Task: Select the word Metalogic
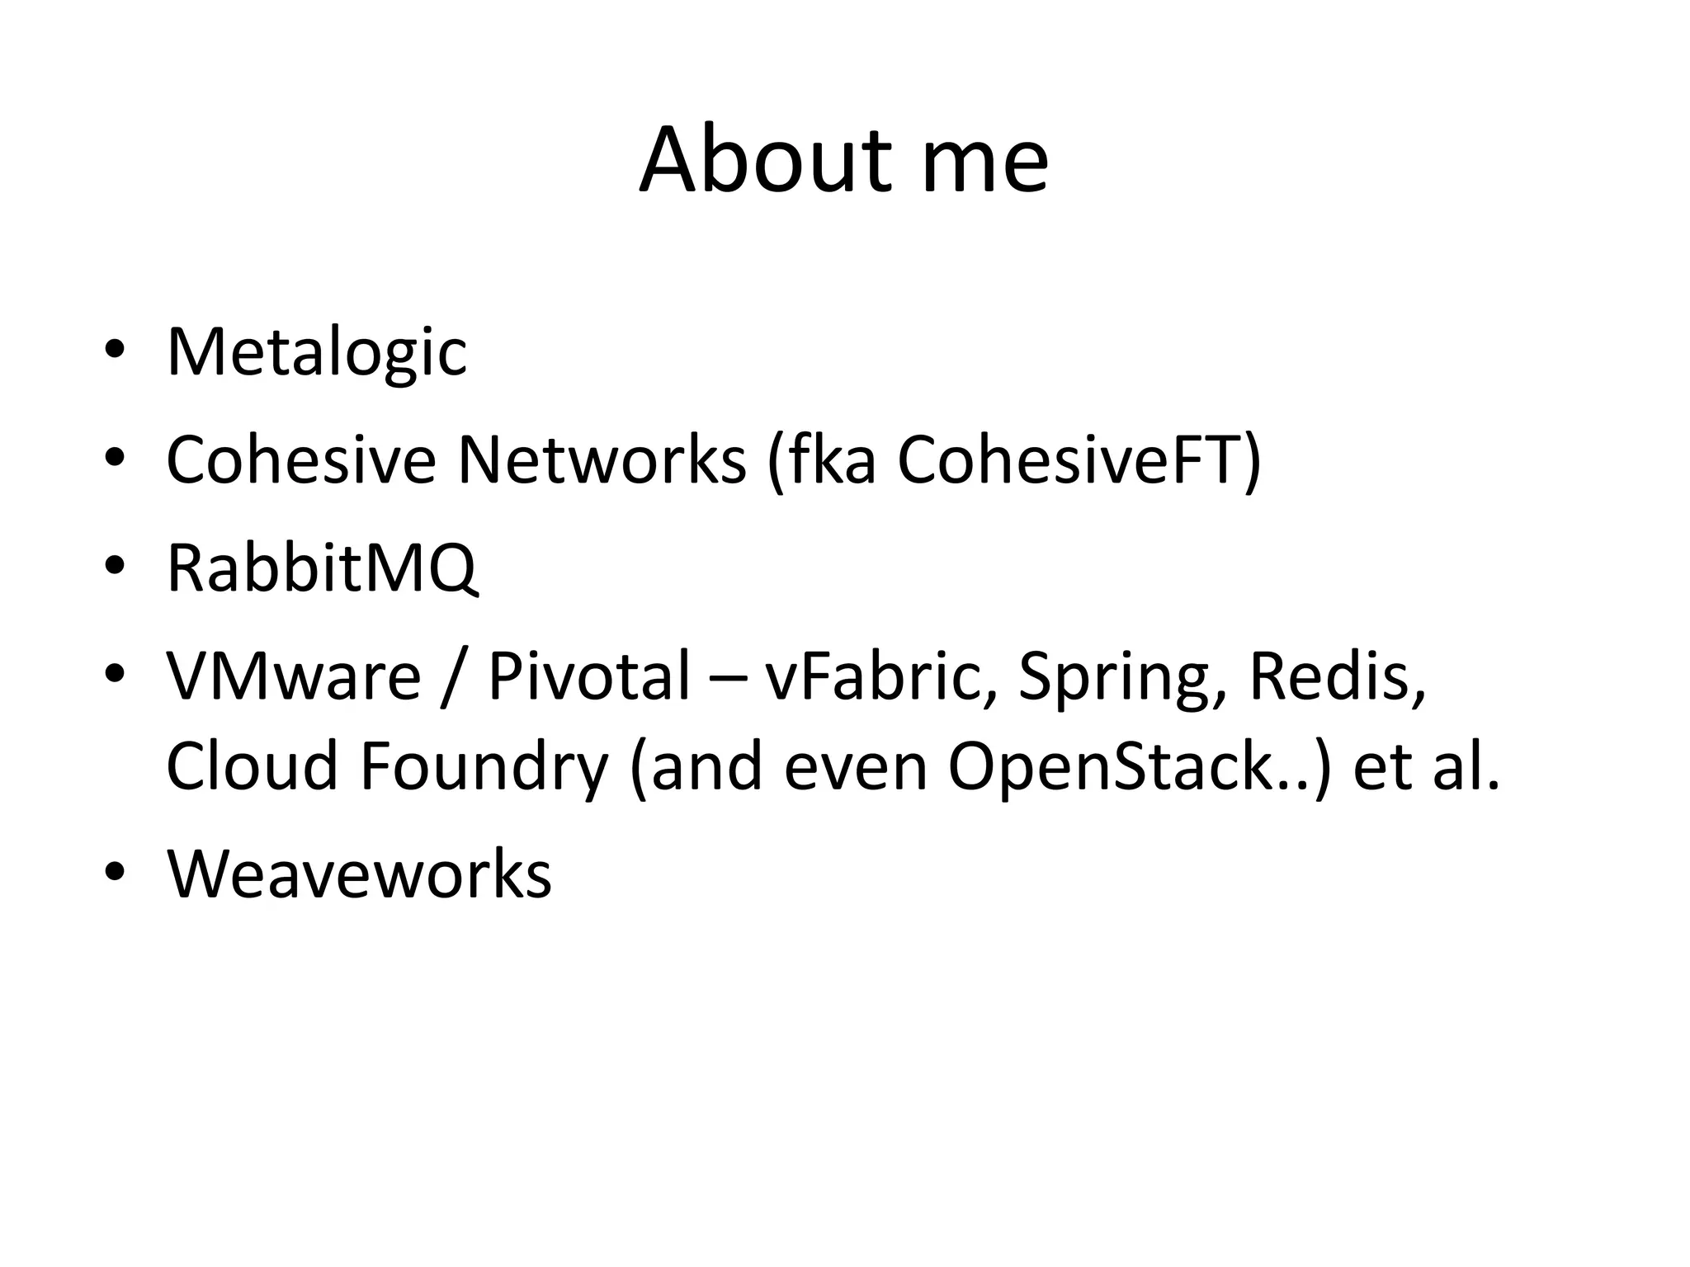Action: click(317, 352)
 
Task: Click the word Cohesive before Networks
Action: click(300, 459)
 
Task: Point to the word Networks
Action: click(602, 459)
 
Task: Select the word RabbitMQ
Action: click(322, 568)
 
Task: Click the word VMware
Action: click(294, 676)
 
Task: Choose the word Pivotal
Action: click(588, 676)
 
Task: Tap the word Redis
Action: click(1337, 676)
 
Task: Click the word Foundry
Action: click(484, 766)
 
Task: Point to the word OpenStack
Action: click(1128, 766)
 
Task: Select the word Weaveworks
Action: click(359, 874)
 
